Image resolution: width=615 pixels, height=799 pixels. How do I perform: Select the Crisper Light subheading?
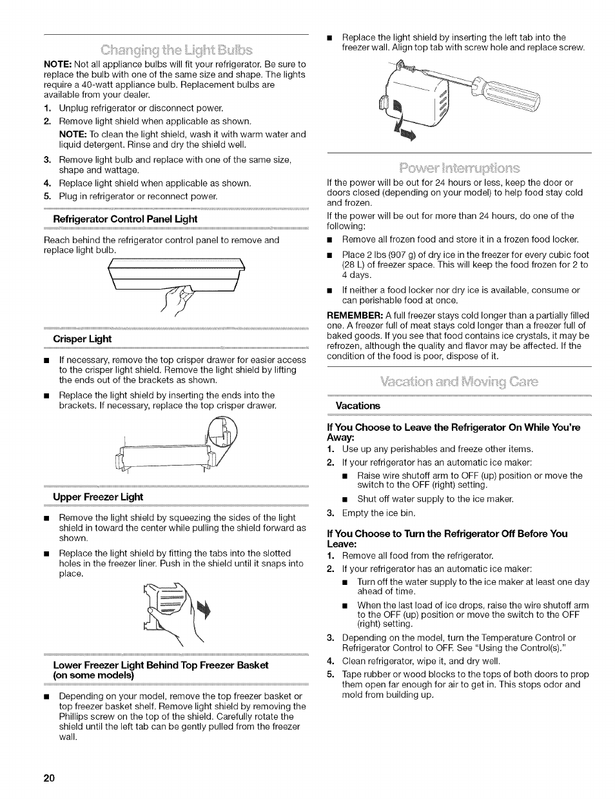click(82, 339)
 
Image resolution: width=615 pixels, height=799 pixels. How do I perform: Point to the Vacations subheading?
click(358, 406)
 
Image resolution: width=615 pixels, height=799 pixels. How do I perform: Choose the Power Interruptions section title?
click(459, 169)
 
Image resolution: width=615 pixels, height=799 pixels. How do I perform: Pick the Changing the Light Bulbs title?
click(176, 49)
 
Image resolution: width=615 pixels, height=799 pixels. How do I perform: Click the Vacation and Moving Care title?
click(459, 381)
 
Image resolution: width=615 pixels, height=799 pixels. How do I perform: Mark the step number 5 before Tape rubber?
click(329, 674)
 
